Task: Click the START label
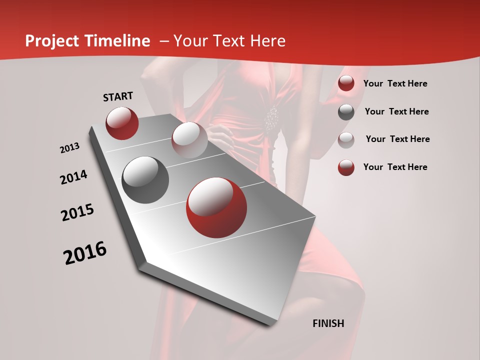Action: (118, 96)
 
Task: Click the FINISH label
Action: (328, 323)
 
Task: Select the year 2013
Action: (69, 148)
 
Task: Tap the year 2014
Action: (73, 177)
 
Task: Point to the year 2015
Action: (77, 212)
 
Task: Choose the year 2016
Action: (85, 253)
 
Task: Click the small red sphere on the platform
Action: (122, 123)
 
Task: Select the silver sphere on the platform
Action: (189, 140)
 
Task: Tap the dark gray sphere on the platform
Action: (145, 180)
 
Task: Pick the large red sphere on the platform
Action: (216, 207)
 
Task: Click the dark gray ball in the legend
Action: (346, 112)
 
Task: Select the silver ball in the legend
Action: (346, 139)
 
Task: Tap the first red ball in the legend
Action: (346, 83)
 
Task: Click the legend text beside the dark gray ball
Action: (396, 111)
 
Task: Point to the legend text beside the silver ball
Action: (397, 139)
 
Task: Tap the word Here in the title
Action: (267, 41)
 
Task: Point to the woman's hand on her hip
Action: (220, 134)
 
